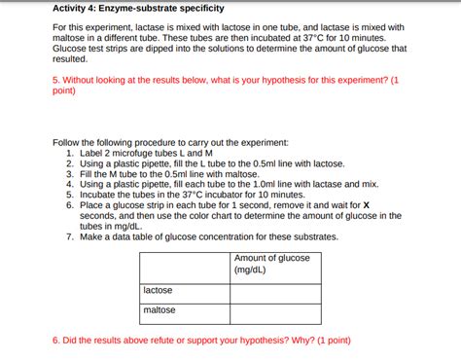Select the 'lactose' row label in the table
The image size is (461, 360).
pyautogui.click(x=159, y=290)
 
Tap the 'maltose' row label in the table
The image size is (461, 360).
pyautogui.click(x=160, y=309)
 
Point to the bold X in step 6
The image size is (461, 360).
pyautogui.click(x=367, y=205)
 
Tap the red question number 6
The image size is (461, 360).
pyautogui.click(x=55, y=341)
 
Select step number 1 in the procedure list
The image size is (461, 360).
pyautogui.click(x=70, y=152)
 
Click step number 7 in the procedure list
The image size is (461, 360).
pyautogui.click(x=70, y=236)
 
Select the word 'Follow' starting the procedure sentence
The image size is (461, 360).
pyautogui.click(x=68, y=141)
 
